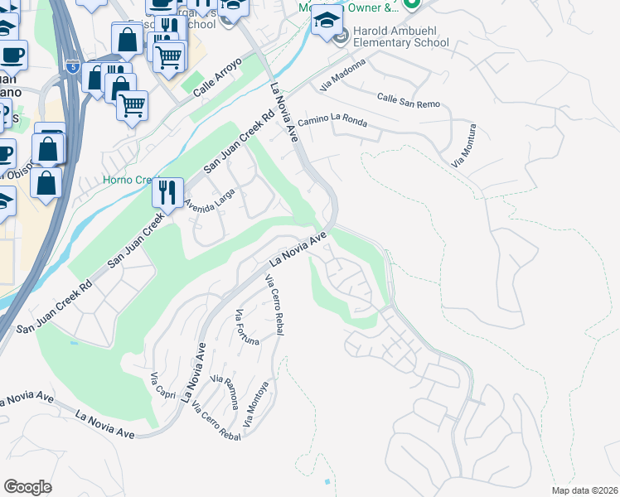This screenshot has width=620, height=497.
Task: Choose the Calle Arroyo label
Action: click(217, 79)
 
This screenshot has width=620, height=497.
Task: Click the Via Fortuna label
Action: click(247, 327)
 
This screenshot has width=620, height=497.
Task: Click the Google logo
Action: click(27, 487)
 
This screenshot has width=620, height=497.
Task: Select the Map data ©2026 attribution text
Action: click(584, 490)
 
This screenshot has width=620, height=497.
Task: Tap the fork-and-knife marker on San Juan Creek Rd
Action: click(168, 194)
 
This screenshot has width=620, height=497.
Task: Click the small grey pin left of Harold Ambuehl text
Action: click(341, 37)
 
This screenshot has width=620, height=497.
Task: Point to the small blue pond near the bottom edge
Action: click(328, 481)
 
